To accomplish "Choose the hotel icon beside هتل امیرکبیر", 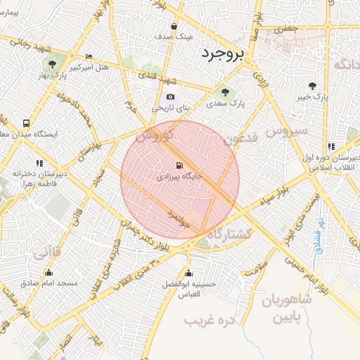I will click(89, 57).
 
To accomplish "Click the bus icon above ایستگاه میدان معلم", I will click(26, 121).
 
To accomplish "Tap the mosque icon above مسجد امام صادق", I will click(49, 271).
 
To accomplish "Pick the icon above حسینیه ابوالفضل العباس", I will click(187, 273).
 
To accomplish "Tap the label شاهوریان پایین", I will click(289, 308).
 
